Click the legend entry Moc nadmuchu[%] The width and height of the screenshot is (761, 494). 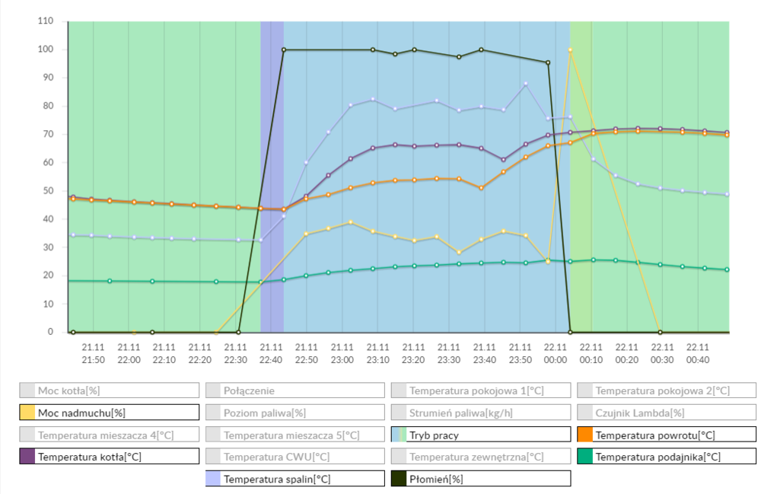point(110,413)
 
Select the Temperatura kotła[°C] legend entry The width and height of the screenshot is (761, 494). point(110,457)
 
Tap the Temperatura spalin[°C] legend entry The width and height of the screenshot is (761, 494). point(295,479)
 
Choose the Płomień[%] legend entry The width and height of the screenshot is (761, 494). point(481,479)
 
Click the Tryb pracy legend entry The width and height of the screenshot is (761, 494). point(481,435)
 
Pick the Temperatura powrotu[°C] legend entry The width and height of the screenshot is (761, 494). point(667,435)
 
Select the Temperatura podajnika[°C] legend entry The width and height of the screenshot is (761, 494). point(667,457)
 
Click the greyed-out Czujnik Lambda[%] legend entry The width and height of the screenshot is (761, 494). point(667,413)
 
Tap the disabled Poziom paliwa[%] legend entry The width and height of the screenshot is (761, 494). point(295,413)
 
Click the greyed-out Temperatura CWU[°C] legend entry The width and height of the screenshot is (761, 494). point(295,457)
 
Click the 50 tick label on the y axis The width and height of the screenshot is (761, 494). point(48,191)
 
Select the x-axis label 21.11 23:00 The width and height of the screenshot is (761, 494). point(342,353)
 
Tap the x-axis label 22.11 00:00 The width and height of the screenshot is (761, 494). point(556,353)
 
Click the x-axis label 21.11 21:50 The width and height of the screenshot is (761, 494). point(93,353)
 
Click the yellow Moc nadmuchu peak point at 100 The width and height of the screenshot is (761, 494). point(570,50)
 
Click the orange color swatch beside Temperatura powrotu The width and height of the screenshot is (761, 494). point(585,435)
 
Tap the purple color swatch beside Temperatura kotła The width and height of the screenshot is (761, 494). point(28,457)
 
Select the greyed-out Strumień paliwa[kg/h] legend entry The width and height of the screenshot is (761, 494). point(481,413)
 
